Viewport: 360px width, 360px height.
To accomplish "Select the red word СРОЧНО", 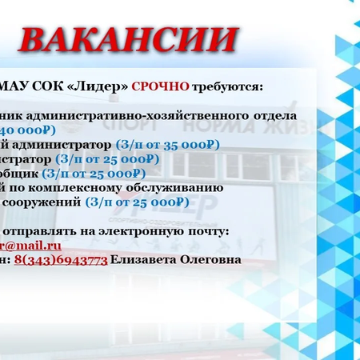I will point(160,86).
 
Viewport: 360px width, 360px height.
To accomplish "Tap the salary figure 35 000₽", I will point(190,145).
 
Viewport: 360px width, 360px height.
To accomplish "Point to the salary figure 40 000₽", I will point(27,130).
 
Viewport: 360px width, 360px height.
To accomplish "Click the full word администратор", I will point(66,145).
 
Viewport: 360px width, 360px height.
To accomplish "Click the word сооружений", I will point(40,202).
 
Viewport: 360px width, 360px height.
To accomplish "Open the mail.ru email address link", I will point(32,246).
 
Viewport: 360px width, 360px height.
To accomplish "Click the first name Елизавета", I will point(145,260).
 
